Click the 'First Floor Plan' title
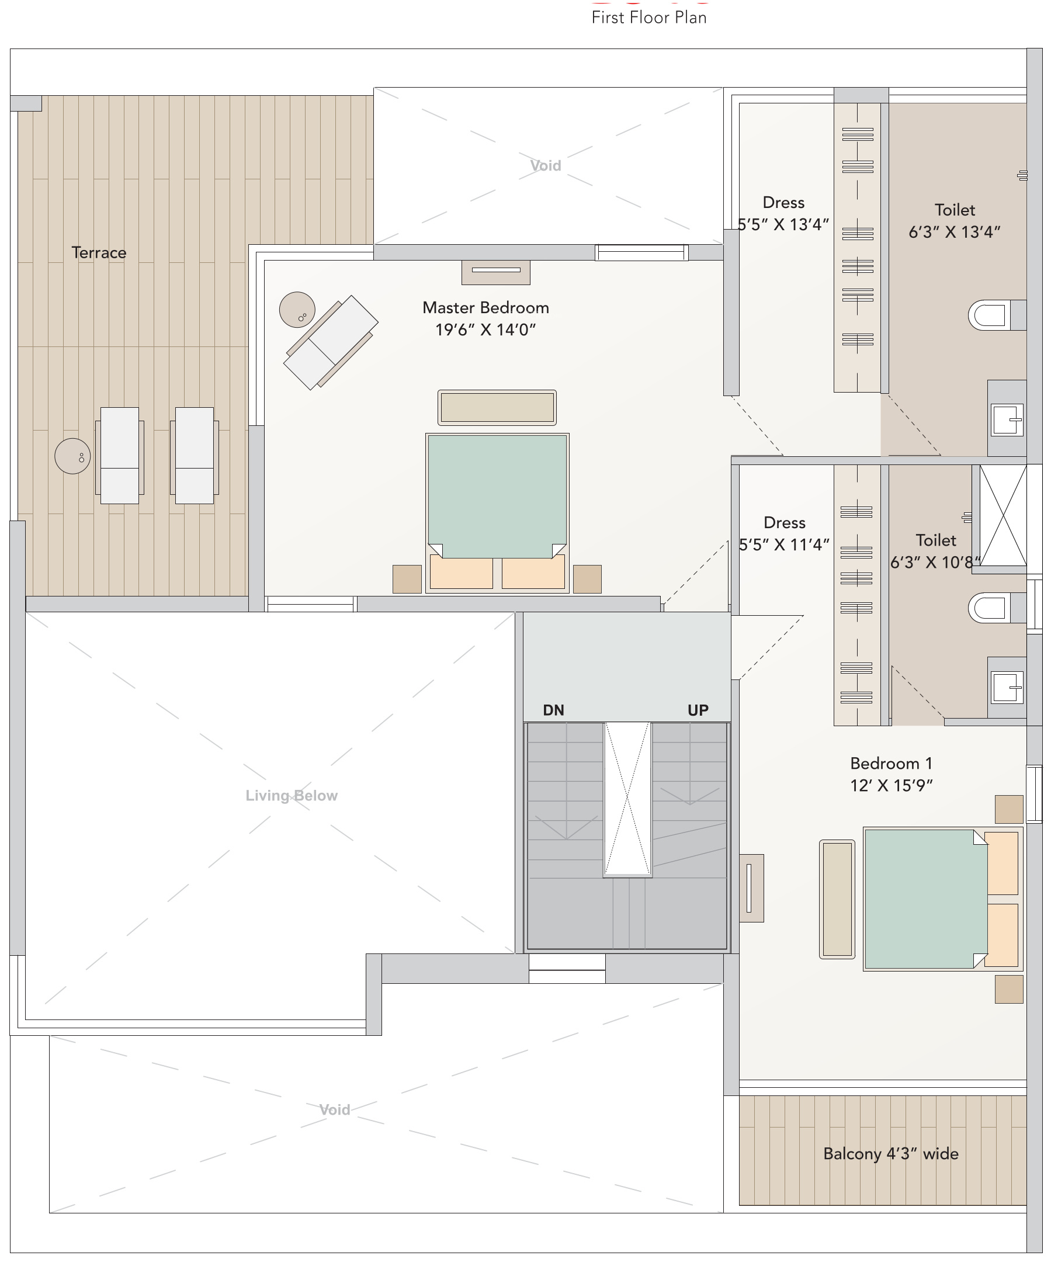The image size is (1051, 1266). [x=649, y=18]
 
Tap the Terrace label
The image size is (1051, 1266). [x=99, y=252]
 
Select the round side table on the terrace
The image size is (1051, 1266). [x=72, y=456]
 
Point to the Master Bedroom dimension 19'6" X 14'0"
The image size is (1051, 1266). [x=485, y=329]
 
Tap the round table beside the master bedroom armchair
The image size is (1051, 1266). [x=297, y=309]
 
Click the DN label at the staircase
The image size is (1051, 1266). [x=553, y=710]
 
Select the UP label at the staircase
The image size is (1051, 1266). [x=698, y=710]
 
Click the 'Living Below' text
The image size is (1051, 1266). [x=292, y=796]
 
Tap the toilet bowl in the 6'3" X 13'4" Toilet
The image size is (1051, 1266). [x=991, y=315]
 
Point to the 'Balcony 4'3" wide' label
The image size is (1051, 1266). [x=890, y=1154]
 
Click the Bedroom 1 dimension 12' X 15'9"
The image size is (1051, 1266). [x=891, y=786]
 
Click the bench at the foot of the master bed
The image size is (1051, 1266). [x=497, y=408]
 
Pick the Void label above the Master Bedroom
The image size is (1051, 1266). [x=546, y=166]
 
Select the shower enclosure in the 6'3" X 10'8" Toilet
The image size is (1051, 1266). [x=1003, y=515]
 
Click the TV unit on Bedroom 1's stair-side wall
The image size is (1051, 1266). [x=751, y=888]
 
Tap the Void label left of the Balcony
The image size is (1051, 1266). [x=335, y=1110]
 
